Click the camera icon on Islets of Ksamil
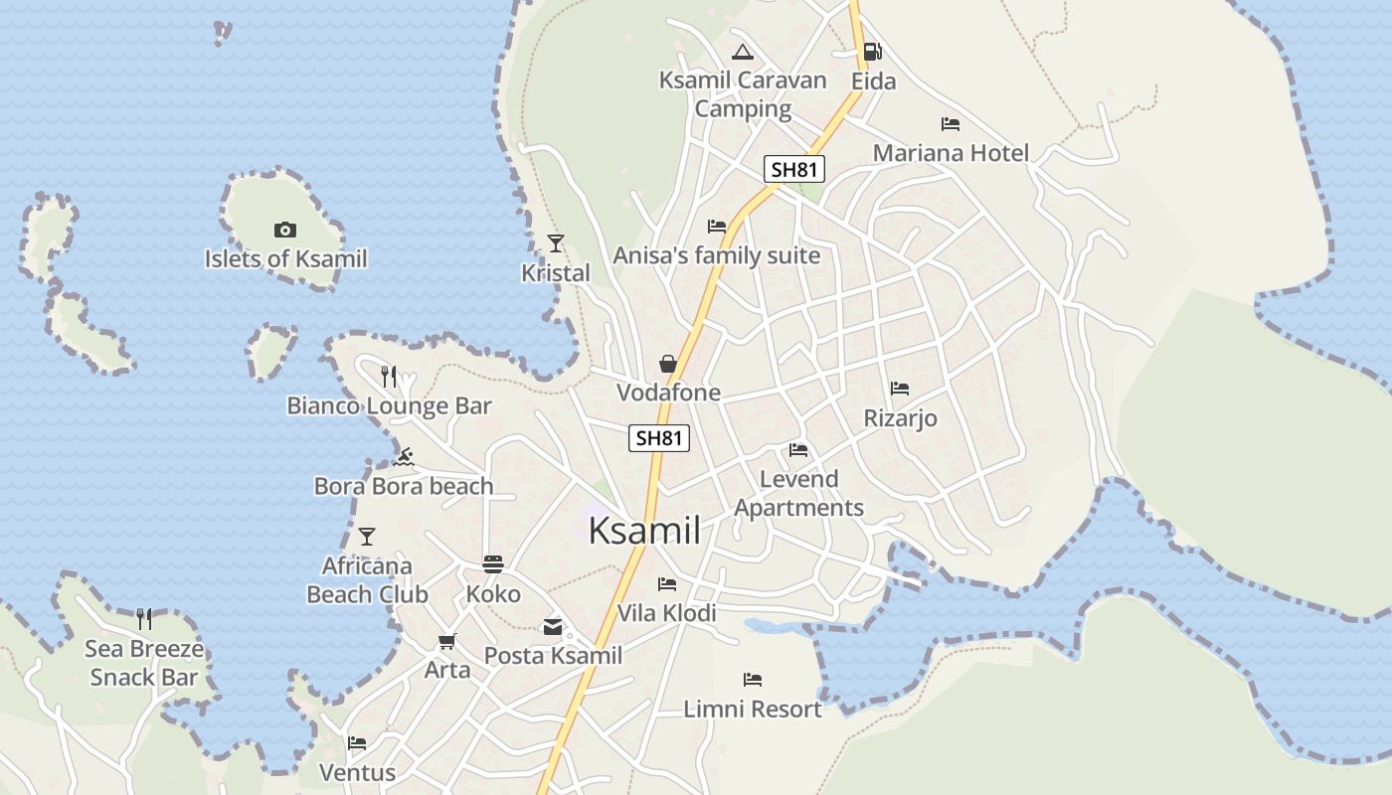pos(285,231)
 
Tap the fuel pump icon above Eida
pos(872,52)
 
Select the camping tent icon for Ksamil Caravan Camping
pos(742,52)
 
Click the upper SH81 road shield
pos(794,169)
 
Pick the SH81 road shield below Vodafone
pos(659,437)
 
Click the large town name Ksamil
pos(644,530)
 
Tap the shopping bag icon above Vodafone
pos(668,364)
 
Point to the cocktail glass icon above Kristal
pos(556,243)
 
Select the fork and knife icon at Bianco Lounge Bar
pos(389,377)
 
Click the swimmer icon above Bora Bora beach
pos(404,457)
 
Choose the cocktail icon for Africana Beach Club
pos(367,537)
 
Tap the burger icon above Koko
pos(493,564)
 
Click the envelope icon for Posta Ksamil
pos(553,627)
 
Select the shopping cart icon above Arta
pos(447,641)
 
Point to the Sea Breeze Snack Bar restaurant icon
pos(144,619)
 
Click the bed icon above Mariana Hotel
pos(951,124)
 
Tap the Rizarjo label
pos(900,418)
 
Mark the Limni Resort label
pos(753,709)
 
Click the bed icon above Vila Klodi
pos(667,584)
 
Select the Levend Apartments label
pos(798,493)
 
